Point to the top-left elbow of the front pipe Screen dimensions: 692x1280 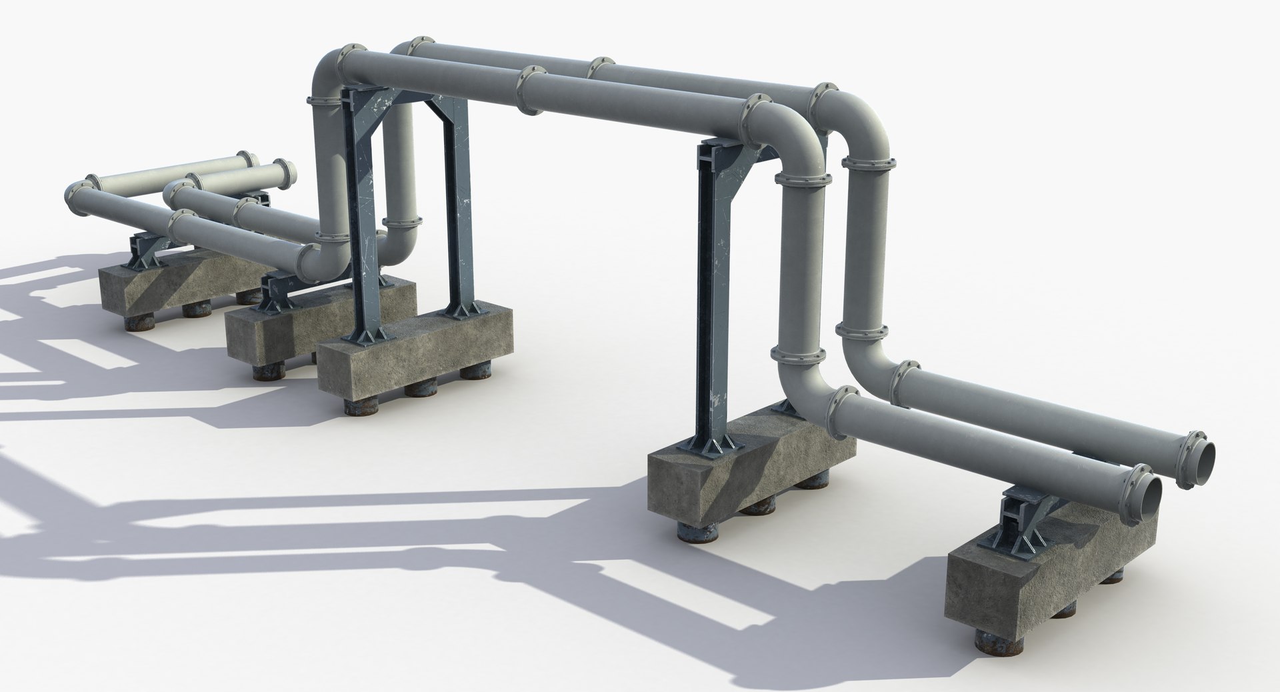pyautogui.click(x=327, y=73)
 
